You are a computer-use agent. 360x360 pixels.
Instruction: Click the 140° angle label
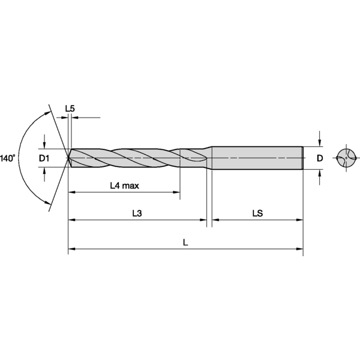[x=8, y=158]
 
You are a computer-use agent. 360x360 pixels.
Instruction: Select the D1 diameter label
[x=44, y=158]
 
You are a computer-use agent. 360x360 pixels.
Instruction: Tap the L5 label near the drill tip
[x=70, y=109]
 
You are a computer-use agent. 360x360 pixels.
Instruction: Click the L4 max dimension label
[x=124, y=185]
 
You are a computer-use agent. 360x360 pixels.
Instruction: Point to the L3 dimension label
[x=137, y=213]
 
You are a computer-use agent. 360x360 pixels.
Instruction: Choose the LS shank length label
[x=257, y=213]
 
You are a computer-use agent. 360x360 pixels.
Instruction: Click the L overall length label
[x=185, y=243]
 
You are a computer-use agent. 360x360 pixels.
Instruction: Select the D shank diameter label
[x=320, y=158]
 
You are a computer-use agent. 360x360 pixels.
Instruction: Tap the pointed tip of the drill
[x=68, y=158]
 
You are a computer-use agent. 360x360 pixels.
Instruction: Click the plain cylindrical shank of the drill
[x=258, y=158]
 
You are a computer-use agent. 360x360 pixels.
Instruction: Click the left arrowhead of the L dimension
[x=71, y=248]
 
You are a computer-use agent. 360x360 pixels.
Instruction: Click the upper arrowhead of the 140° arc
[x=47, y=112]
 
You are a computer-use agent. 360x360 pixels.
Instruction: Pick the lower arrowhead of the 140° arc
[x=47, y=205]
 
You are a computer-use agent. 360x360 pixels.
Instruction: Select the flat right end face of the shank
[x=302, y=158]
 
